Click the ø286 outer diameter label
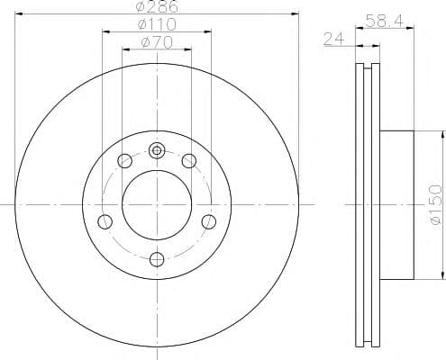(158, 6)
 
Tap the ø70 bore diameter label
(157, 42)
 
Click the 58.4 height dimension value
(384, 19)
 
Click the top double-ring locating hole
(157, 151)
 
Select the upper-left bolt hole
(125, 161)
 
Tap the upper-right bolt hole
(188, 161)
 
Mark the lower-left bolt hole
(105, 221)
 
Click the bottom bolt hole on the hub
(157, 259)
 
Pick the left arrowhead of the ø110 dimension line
(106, 32)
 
